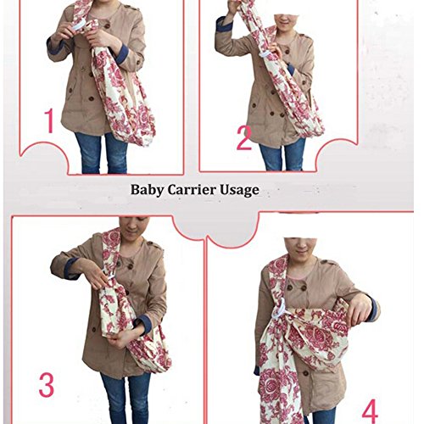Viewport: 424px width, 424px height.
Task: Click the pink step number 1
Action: pos(50,121)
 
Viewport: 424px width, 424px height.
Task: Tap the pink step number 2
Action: pos(243,138)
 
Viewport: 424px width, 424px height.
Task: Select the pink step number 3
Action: pos(47,385)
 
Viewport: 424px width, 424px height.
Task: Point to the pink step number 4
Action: pos(370,411)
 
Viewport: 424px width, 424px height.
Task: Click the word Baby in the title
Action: pos(147,190)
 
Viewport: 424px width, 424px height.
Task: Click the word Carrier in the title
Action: pos(192,190)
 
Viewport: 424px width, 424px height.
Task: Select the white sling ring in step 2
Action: pos(265,54)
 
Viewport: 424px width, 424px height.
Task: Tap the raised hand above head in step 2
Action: pos(233,7)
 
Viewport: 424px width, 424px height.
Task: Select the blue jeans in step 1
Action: pos(100,153)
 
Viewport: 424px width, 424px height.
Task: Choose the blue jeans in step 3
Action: pos(125,399)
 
